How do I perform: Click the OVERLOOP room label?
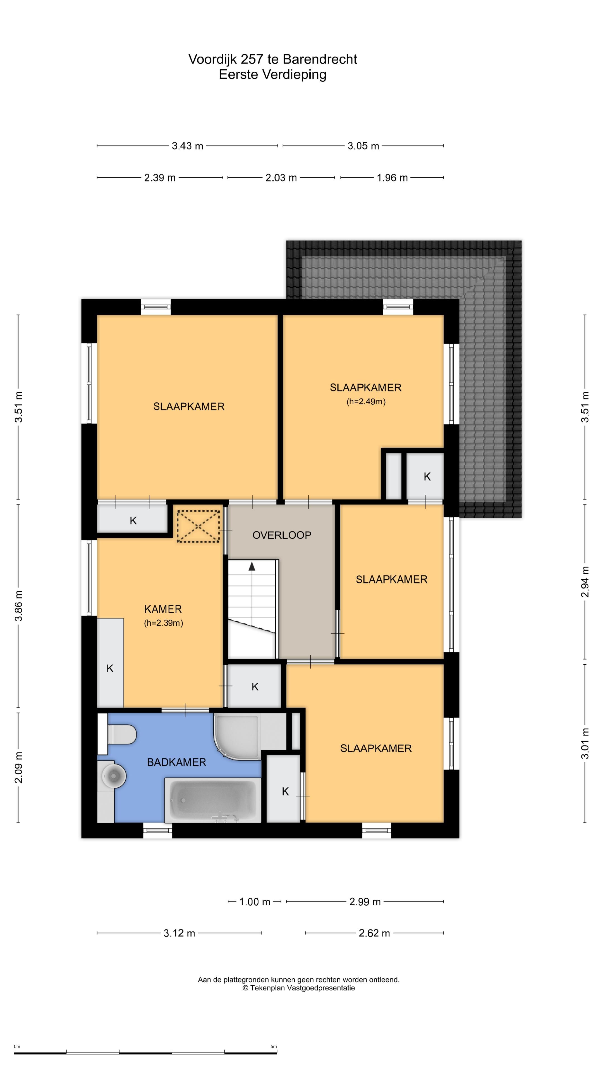282,535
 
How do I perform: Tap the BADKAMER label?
176,762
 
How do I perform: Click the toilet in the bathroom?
117,734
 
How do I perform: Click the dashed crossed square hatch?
198,526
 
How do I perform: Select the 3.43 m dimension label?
187,146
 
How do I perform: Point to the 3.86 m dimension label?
19,606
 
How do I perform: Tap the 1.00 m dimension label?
255,902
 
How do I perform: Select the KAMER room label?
163,609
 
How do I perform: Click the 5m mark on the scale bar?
273,1046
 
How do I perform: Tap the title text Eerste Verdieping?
272,75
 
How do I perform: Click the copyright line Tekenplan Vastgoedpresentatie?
299,988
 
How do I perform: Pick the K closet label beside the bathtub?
285,791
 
